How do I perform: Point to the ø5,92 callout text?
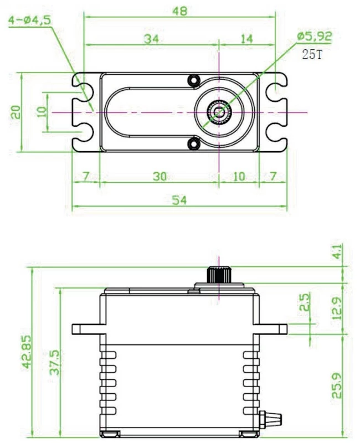point(315,37)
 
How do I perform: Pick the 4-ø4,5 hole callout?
point(30,20)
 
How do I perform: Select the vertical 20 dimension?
point(15,112)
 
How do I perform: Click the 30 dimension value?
point(160,176)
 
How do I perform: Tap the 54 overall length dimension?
point(178,200)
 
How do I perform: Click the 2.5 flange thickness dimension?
point(307,304)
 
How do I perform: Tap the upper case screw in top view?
point(193,80)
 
